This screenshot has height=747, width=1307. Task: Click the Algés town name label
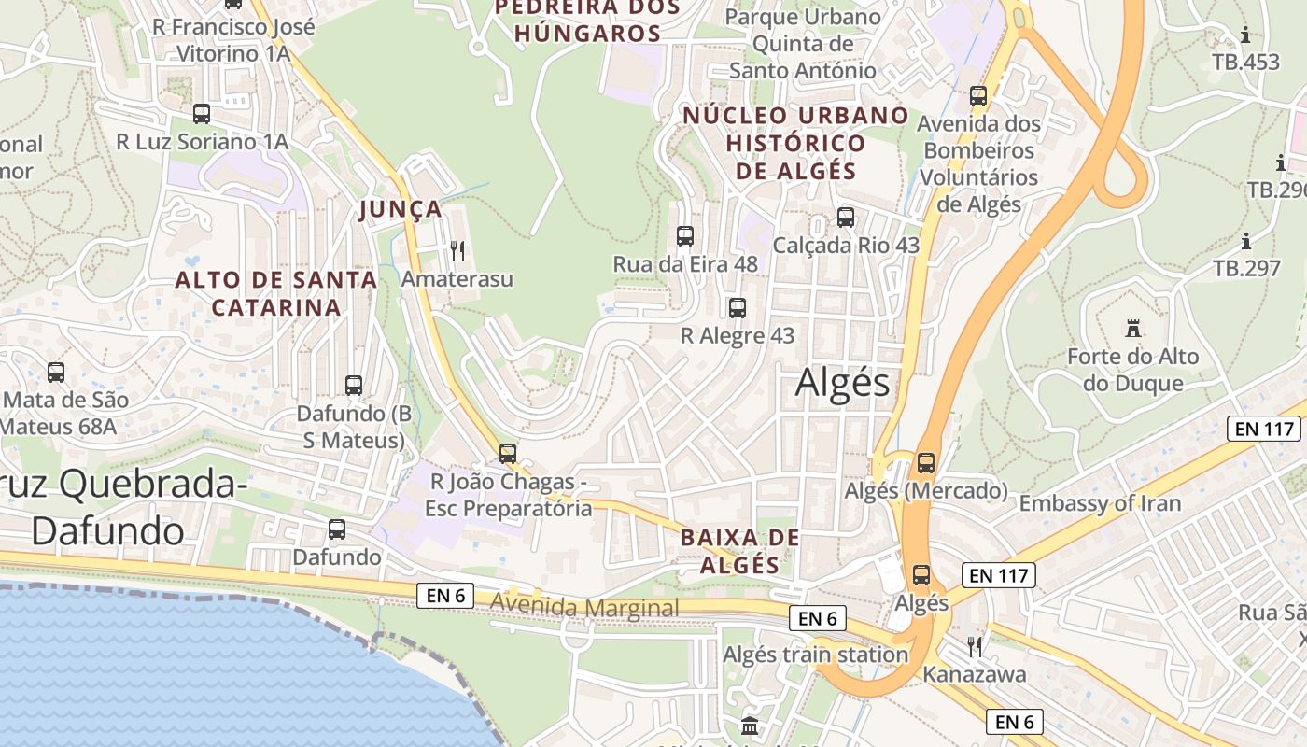[x=843, y=383]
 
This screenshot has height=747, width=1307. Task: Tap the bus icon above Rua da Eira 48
[x=685, y=235]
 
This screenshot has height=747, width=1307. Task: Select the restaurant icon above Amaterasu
[x=457, y=250]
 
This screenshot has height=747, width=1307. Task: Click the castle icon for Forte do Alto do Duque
[x=1133, y=328]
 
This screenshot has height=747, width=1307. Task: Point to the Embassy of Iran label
[x=1100, y=503]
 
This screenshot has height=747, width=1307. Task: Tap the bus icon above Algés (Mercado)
[x=926, y=462]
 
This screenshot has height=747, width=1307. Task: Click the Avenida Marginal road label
[x=585, y=608]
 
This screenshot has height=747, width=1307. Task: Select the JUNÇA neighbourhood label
[x=401, y=209]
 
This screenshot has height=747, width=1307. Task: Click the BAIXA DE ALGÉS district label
[x=740, y=551]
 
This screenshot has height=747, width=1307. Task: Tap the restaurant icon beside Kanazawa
[x=975, y=646]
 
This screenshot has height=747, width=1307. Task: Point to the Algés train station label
[x=815, y=655]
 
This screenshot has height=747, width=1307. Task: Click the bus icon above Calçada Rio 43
[x=846, y=217]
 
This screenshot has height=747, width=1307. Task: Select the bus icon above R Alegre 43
[x=738, y=307]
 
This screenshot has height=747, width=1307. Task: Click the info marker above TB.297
[x=1246, y=242]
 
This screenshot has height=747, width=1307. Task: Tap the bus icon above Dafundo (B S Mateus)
[x=354, y=385]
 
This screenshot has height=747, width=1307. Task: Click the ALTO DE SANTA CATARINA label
[x=276, y=293]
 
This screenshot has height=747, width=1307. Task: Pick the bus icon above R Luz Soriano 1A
[x=202, y=114]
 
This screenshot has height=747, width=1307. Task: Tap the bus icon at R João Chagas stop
[x=508, y=453]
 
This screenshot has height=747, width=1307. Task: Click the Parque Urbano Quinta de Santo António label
[x=803, y=43]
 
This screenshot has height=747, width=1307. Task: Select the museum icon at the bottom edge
[x=749, y=726]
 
